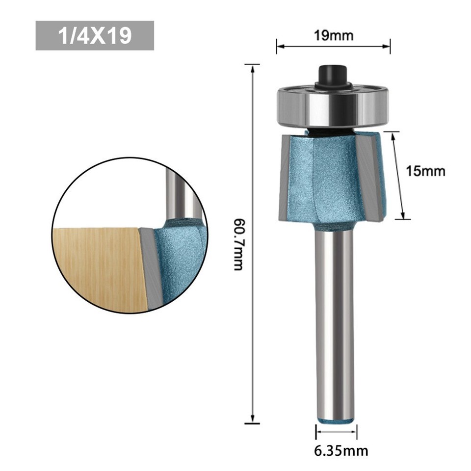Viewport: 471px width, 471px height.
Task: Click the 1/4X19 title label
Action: pos(95,36)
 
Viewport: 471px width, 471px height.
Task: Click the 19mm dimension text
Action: pos(334,35)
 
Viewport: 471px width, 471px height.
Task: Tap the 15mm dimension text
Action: pos(425,171)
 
